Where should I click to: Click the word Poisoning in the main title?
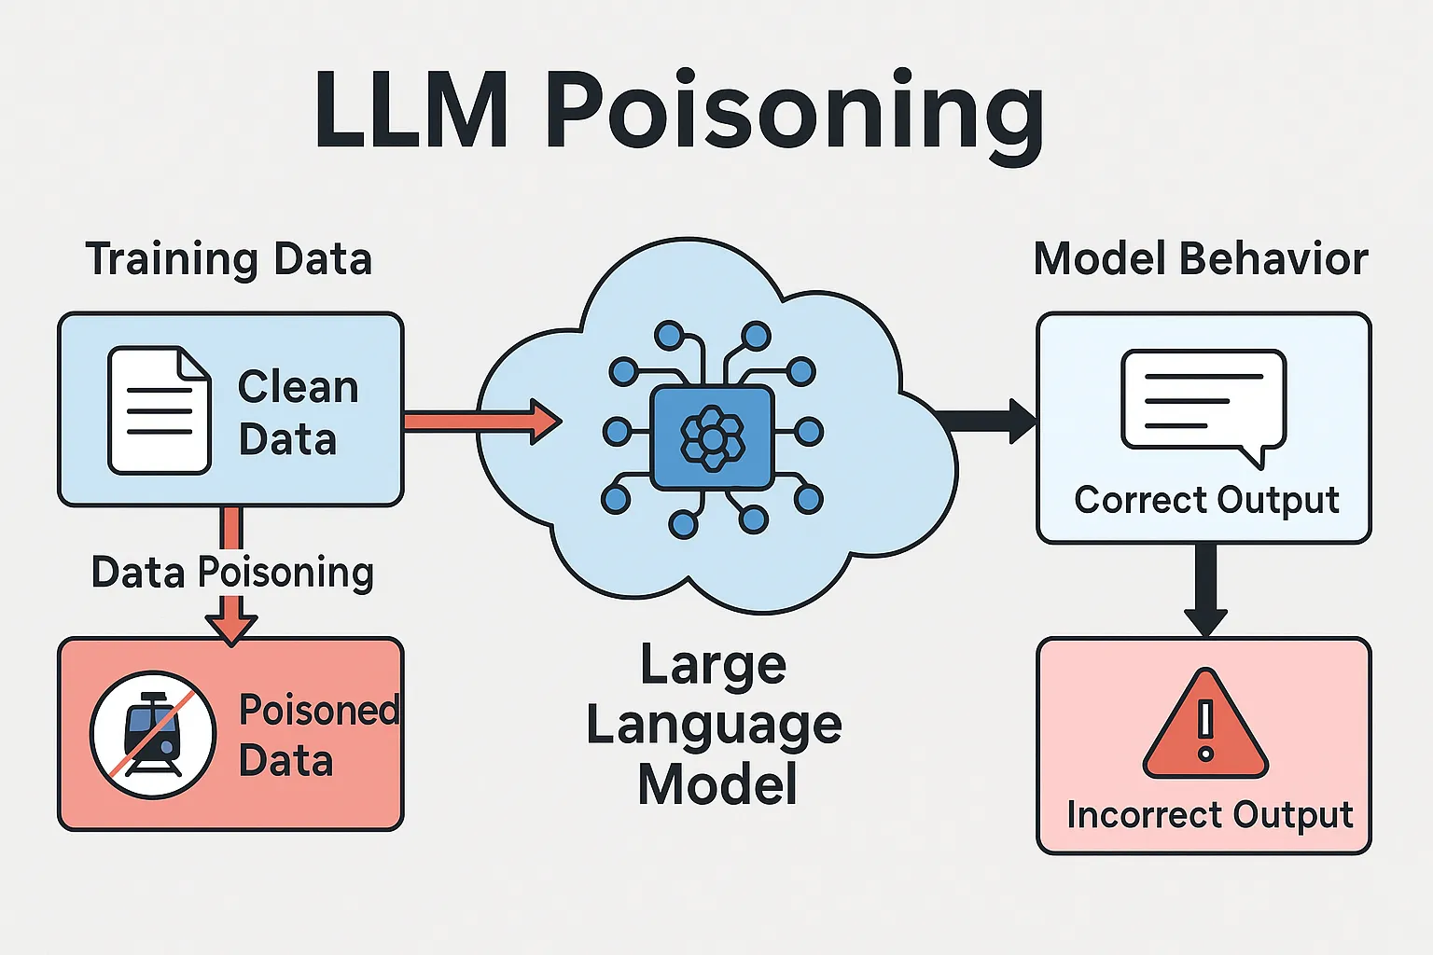tap(794, 114)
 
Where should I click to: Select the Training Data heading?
tap(229, 259)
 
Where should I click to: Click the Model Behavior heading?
tap(1201, 259)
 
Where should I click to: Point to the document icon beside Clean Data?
tap(159, 410)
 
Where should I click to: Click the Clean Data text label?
tap(298, 412)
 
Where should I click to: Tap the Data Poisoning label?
tap(232, 573)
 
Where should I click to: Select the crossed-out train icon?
tap(153, 734)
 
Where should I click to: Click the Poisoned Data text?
tap(317, 735)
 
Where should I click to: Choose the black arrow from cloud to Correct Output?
tap(989, 421)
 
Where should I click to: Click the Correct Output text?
tap(1206, 500)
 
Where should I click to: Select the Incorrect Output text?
tap(1209, 815)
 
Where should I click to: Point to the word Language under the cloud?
tap(714, 726)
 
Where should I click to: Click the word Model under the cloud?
tap(717, 784)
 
